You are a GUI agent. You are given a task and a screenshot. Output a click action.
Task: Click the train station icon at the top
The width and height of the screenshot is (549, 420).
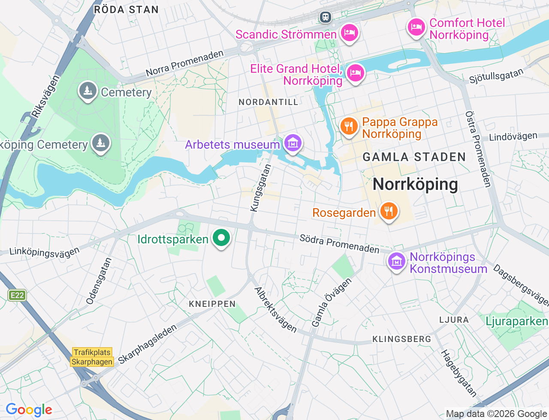[x=326, y=17]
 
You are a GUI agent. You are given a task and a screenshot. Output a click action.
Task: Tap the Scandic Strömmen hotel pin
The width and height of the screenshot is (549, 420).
[x=350, y=33]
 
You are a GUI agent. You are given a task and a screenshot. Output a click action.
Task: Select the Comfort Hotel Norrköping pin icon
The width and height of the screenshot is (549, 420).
[x=416, y=27]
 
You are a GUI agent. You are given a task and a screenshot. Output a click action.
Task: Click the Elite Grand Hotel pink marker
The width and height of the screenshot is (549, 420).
[x=355, y=73]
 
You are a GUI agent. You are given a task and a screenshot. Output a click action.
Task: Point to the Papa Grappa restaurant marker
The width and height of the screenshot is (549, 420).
[x=349, y=126]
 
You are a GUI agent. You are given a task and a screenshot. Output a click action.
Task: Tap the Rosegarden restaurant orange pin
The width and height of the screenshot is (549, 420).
[x=389, y=211]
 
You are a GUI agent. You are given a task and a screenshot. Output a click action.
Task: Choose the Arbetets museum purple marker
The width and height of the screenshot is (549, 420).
[x=293, y=143]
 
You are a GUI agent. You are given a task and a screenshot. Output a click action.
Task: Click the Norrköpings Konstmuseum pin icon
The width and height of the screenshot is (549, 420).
[x=396, y=261]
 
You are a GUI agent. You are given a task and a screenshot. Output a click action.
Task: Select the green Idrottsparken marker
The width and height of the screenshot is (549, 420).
[x=221, y=237]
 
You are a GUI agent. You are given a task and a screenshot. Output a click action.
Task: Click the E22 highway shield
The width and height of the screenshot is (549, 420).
[x=17, y=295]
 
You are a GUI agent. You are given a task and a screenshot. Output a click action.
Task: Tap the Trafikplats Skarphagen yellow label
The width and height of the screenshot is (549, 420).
[x=92, y=357]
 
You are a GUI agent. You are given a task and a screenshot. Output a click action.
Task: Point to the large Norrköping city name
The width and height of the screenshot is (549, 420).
[x=415, y=184]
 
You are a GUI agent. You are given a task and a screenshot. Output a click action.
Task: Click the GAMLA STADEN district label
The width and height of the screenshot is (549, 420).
[x=414, y=157]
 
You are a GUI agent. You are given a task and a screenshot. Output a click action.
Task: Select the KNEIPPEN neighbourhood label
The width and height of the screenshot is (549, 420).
[x=212, y=304]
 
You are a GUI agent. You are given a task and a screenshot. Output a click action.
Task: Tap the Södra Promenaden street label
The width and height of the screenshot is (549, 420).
[x=339, y=243]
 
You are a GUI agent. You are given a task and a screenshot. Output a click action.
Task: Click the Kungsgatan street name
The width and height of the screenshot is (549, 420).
[x=260, y=188]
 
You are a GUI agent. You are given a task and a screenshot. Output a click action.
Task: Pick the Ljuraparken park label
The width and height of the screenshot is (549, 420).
[x=516, y=321]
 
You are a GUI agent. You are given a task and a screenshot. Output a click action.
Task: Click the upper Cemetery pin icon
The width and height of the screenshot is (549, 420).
[x=88, y=91]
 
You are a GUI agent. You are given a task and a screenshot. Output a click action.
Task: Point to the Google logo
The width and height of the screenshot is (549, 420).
[x=29, y=410]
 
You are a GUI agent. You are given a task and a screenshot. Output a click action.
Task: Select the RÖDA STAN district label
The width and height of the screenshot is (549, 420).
[x=126, y=9]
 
